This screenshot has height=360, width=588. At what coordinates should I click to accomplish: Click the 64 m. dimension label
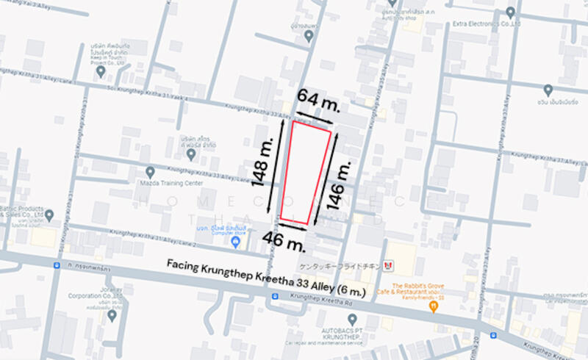[x=318, y=101]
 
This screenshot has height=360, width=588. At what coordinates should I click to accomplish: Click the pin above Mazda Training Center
[x=151, y=170]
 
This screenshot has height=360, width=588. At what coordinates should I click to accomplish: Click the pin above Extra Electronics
[x=511, y=12]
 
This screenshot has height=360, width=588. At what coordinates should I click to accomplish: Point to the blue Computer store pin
[x=235, y=241]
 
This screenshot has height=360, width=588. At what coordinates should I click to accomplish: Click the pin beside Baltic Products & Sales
[x=49, y=215]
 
